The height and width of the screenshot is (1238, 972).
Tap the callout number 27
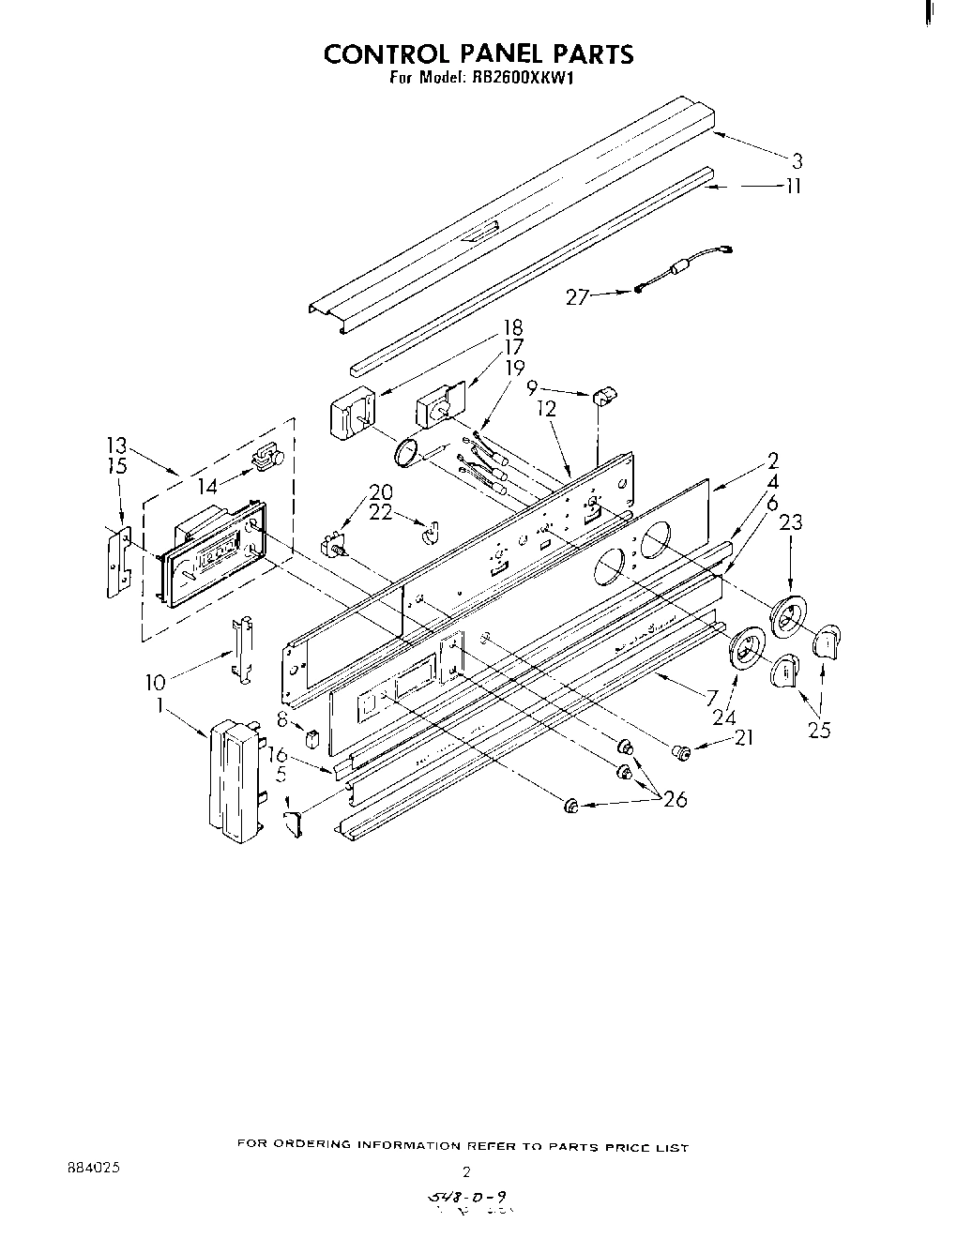(x=577, y=297)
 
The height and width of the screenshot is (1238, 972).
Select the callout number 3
(x=797, y=160)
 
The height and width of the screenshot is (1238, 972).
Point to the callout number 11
(x=794, y=187)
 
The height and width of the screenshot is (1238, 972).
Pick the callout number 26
(x=675, y=799)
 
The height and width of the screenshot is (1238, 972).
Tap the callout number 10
(x=155, y=683)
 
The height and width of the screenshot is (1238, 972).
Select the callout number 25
(x=819, y=730)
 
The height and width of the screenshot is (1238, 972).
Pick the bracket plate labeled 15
(x=117, y=561)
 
